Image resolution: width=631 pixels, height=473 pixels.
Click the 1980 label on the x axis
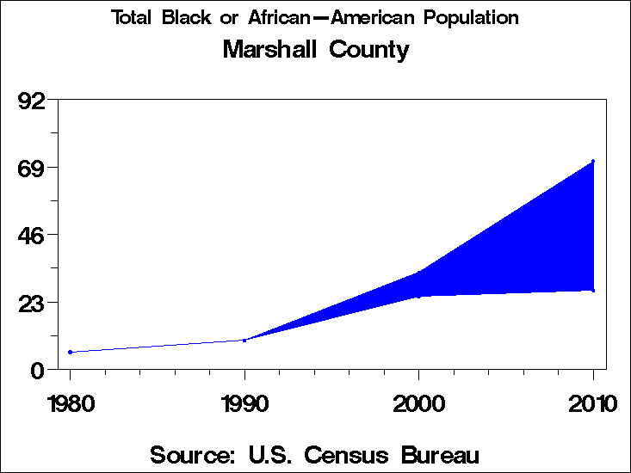pyautogui.click(x=70, y=403)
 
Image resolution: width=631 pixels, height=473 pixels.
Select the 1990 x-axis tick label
pyautogui.click(x=244, y=403)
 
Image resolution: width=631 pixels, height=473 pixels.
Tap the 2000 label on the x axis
pyautogui.click(x=418, y=403)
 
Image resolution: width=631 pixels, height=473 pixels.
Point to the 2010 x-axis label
pyautogui.click(x=592, y=403)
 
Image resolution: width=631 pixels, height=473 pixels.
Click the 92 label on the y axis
pyautogui.click(x=32, y=101)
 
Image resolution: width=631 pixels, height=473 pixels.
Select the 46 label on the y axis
pyautogui.click(x=32, y=235)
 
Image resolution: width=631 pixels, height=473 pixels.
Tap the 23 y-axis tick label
pyautogui.click(x=32, y=303)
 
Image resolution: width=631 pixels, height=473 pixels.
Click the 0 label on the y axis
pyautogui.click(x=38, y=370)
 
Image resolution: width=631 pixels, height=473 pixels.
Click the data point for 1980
pyautogui.click(x=70, y=352)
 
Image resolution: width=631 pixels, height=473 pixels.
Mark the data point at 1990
pyautogui.click(x=244, y=341)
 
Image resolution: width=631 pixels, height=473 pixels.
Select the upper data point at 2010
pyautogui.click(x=593, y=162)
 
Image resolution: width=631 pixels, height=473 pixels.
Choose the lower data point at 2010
pyautogui.click(x=593, y=290)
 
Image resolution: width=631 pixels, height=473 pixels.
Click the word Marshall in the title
pyautogui.click(x=268, y=50)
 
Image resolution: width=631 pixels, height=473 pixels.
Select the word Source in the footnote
pyautogui.click(x=188, y=454)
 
